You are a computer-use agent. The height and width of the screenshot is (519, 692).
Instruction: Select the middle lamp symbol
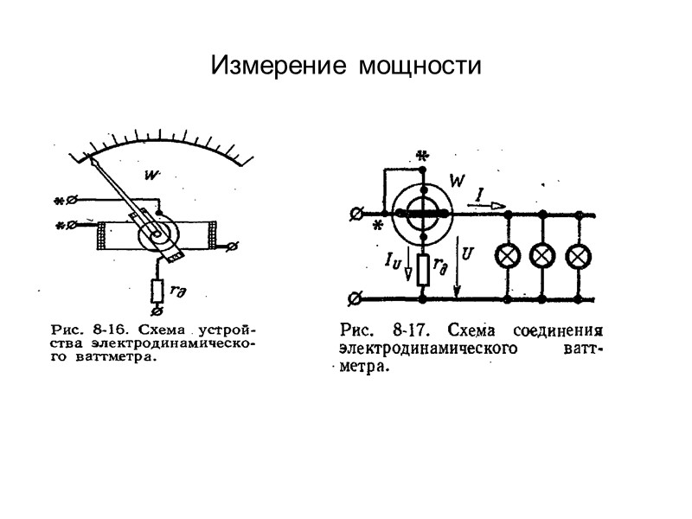541,256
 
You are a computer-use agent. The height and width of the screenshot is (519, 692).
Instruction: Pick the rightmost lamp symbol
576,256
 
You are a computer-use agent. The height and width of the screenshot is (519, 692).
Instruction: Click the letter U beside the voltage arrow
468,254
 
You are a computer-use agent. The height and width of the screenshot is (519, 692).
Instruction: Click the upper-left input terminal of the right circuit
354,213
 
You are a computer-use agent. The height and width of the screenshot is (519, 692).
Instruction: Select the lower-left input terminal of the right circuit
354,300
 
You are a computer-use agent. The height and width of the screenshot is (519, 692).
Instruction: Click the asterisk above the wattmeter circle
422,157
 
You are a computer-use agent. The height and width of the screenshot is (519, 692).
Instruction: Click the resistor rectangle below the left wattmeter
158,292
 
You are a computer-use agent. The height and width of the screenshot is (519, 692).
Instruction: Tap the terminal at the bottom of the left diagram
157,310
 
